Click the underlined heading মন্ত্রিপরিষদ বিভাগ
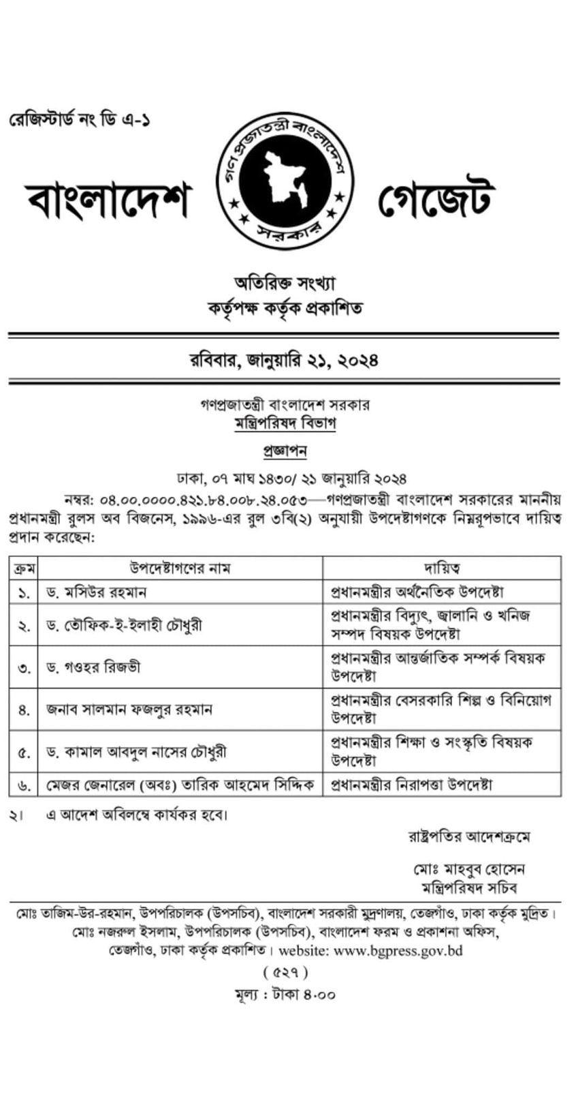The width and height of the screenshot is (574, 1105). pyautogui.click(x=285, y=423)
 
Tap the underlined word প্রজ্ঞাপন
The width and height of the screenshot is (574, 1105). pyautogui.click(x=285, y=451)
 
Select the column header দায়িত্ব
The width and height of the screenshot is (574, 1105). pyautogui.click(x=442, y=567)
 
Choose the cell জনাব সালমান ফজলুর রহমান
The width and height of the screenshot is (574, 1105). pyautogui.click(x=129, y=709)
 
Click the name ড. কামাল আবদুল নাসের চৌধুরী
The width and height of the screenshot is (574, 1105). pyautogui.click(x=136, y=752)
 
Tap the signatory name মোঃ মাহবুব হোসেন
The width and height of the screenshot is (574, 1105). pyautogui.click(x=468, y=870)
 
